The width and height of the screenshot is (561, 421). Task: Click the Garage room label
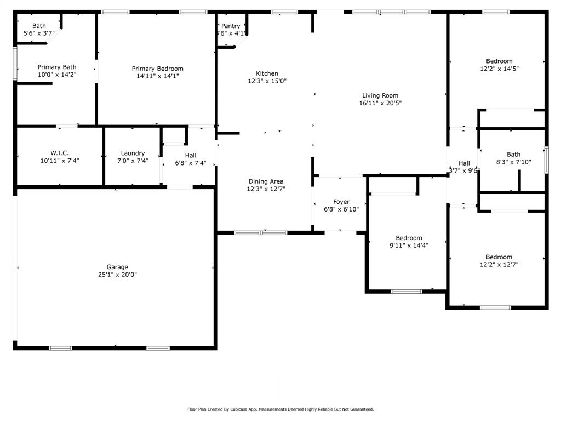tap(117, 267)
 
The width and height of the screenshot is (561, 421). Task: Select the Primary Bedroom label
tap(158, 69)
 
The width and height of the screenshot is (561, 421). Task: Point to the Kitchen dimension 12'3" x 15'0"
tap(267, 81)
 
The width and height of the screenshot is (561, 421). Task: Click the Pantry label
tap(231, 26)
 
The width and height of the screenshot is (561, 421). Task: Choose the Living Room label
tap(380, 95)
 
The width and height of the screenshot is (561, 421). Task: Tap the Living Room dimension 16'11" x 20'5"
tap(380, 103)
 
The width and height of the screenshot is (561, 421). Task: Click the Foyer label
tap(341, 202)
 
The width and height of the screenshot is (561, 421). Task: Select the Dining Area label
tap(266, 181)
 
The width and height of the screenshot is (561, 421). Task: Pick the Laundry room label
tap(133, 153)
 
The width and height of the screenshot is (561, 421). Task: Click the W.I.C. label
tap(59, 153)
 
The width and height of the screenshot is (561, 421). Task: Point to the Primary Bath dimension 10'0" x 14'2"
tap(57, 75)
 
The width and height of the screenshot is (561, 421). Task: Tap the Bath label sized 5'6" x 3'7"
tap(39, 26)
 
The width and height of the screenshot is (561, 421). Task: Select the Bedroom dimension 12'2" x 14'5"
tap(499, 69)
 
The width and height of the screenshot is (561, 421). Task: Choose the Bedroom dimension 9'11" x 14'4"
tap(409, 246)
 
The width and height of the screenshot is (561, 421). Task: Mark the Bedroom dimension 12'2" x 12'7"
tap(499, 264)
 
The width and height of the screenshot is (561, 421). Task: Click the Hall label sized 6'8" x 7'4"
tap(190, 156)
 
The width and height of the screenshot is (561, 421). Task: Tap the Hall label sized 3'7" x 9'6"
tap(464, 163)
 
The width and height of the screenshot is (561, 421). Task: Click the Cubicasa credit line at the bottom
tap(280, 409)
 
